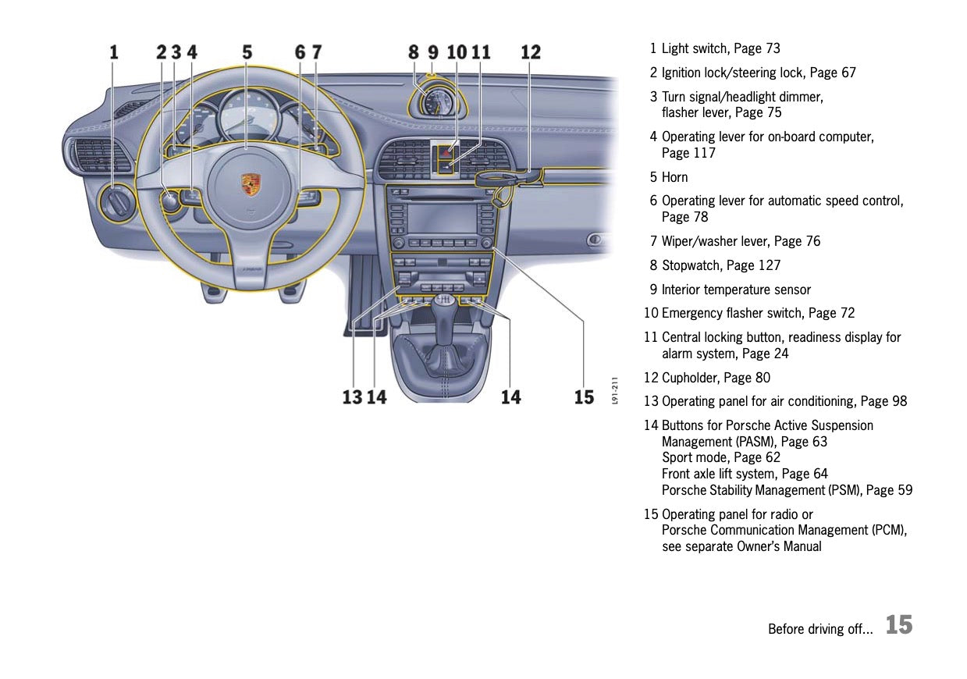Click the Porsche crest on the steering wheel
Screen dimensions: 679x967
(251, 184)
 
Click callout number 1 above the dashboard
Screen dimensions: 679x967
(114, 52)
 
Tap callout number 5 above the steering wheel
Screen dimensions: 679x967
(247, 52)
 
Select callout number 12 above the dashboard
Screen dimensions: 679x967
(531, 52)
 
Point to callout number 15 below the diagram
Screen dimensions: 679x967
(585, 397)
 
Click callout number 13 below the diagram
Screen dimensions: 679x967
(352, 397)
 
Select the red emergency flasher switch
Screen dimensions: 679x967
(443, 147)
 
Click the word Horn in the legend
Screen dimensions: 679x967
(675, 177)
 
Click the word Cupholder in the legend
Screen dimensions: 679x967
(691, 378)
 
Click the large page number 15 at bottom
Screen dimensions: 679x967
(899, 625)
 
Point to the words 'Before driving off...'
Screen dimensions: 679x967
(820, 629)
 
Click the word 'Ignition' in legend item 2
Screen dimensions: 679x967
(685, 73)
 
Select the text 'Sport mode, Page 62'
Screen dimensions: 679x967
(720, 457)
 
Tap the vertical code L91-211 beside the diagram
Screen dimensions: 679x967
(615, 390)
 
